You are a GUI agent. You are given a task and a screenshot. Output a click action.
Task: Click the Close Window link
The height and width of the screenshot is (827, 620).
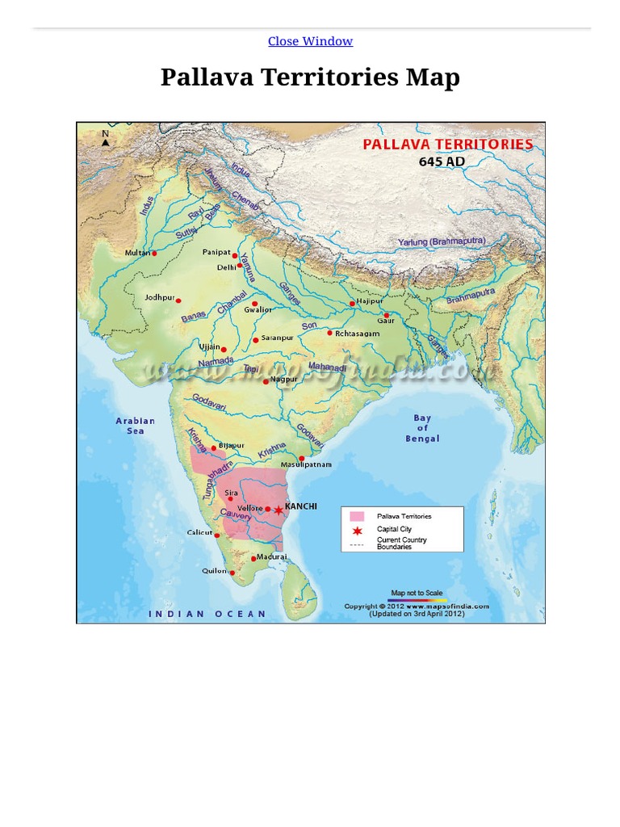tap(310, 41)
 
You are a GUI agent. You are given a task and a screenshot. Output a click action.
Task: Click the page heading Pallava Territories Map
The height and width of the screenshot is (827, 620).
tap(310, 78)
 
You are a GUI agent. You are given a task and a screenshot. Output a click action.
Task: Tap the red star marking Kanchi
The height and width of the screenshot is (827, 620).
tap(279, 510)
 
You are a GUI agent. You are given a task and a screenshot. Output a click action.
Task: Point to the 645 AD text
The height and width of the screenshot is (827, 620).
tap(442, 161)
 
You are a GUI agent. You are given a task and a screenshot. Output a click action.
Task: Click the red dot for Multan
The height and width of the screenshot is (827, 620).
tap(154, 253)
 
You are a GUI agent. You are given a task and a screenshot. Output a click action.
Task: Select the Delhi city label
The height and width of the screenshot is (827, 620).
tap(225, 267)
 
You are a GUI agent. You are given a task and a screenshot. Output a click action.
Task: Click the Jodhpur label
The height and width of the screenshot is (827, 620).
tap(159, 297)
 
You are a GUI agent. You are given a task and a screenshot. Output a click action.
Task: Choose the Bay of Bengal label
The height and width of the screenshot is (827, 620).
tap(422, 428)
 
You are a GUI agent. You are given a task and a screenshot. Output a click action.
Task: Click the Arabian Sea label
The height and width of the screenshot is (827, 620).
tap(135, 426)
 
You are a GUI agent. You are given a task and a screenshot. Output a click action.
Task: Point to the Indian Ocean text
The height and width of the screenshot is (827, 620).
tap(207, 614)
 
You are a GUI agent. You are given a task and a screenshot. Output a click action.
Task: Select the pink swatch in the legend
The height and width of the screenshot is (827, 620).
tap(357, 516)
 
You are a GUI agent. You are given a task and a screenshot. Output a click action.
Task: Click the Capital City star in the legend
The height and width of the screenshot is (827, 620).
tap(357, 530)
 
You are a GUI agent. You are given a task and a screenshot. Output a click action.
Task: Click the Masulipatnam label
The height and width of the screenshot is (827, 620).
tap(306, 465)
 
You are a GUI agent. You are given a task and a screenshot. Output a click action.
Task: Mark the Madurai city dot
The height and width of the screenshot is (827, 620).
tap(253, 558)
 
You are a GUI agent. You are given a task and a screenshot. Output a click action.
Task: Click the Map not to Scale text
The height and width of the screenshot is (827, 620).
tap(417, 593)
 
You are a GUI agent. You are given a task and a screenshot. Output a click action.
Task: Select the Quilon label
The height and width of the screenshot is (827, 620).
tap(215, 570)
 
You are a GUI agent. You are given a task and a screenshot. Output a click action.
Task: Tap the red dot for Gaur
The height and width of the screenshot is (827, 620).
tap(386, 315)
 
